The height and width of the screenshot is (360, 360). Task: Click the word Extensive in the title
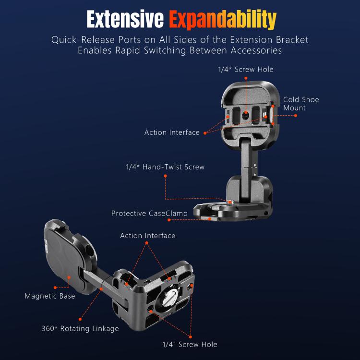[x=125, y=19]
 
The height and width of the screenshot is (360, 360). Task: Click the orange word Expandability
[x=222, y=19]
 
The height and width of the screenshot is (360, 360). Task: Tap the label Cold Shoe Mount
[x=300, y=104]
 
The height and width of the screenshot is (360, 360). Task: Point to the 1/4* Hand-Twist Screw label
[x=165, y=167]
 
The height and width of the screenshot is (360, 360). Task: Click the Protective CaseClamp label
[x=149, y=213]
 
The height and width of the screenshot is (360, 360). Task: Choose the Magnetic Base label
[x=50, y=296]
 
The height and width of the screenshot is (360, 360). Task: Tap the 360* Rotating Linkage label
[x=80, y=329]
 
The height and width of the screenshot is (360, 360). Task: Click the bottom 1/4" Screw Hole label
[x=190, y=344]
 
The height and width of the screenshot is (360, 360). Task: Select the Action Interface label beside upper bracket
[x=172, y=132]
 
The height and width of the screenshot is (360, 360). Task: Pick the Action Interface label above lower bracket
[x=147, y=236]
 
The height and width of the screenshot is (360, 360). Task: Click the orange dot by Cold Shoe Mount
[x=296, y=116]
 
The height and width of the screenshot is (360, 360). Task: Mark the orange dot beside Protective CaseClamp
[x=169, y=220]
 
